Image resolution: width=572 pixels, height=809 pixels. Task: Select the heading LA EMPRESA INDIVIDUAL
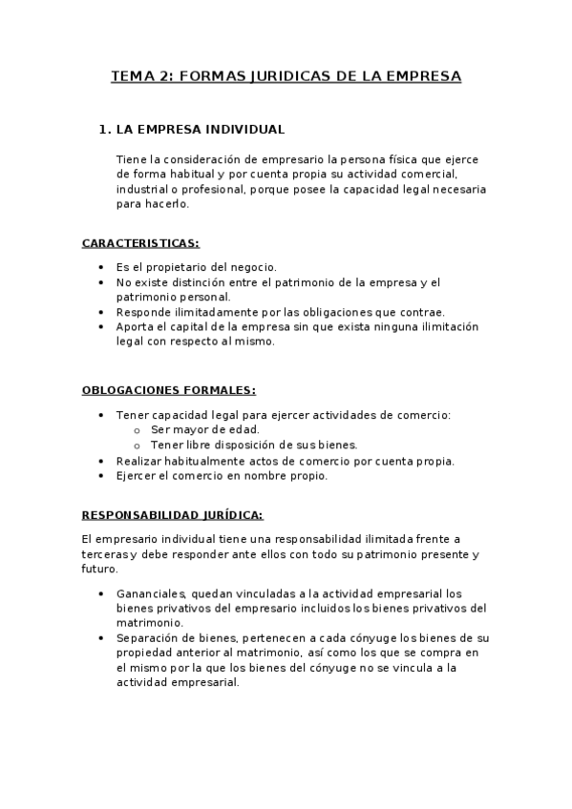tap(199, 129)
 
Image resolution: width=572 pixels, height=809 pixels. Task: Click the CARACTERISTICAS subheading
tap(140, 243)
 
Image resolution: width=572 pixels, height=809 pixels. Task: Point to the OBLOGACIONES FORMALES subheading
tap(168, 391)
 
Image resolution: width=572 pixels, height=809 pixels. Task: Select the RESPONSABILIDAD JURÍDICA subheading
tap(172, 515)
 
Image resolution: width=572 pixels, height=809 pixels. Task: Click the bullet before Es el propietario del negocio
tap(103, 268)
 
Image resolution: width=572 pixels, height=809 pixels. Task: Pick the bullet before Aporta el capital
tap(103, 327)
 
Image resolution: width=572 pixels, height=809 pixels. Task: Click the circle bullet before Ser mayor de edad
tap(138, 430)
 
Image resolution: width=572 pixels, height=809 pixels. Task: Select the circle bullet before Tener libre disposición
tap(138, 446)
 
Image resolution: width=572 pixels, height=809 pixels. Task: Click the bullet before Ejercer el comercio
tap(103, 476)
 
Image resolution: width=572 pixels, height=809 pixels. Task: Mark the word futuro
tap(99, 569)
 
